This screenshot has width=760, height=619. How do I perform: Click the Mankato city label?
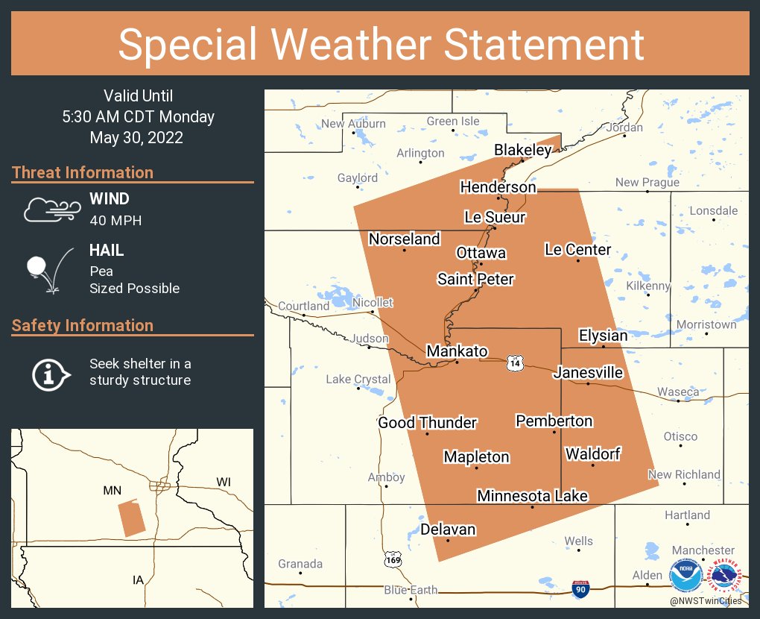pyautogui.click(x=457, y=351)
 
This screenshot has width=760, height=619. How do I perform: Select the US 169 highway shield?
pyautogui.click(x=394, y=559)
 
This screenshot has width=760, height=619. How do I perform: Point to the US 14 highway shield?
pyautogui.click(x=514, y=362)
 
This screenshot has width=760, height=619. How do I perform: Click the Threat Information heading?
pyautogui.click(x=83, y=173)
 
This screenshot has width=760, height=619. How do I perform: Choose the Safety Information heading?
pyautogui.click(x=83, y=326)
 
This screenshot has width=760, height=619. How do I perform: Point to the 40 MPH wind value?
pyautogui.click(x=115, y=220)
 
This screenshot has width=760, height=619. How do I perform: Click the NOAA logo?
pyautogui.click(x=685, y=576)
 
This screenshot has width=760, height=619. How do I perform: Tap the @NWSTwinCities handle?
pyautogui.click(x=705, y=600)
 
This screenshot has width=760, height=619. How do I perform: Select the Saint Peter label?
pyautogui.click(x=475, y=280)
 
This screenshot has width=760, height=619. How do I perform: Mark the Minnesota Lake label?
pyautogui.click(x=532, y=496)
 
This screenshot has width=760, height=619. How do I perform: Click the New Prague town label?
pyautogui.click(x=647, y=183)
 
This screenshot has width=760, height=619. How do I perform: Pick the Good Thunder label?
pyautogui.click(x=427, y=423)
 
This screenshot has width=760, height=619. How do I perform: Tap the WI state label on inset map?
pyautogui.click(x=224, y=483)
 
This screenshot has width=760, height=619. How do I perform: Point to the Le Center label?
pyautogui.click(x=577, y=250)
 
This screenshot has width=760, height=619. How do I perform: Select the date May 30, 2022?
pyautogui.click(x=136, y=138)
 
